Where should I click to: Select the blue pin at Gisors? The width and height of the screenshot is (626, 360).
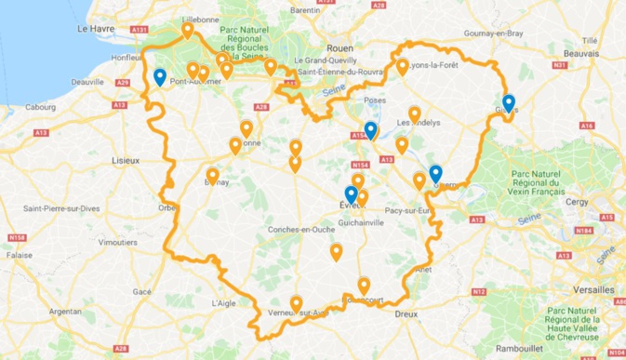508,103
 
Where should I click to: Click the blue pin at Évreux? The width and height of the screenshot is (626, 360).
351,195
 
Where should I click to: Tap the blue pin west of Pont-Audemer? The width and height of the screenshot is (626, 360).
160,78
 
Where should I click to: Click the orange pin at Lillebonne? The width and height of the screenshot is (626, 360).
188,31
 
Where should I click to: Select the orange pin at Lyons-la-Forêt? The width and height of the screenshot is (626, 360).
403,67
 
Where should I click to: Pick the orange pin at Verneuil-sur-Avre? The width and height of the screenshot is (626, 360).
296,303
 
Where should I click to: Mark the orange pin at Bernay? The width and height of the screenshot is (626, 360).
213,176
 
